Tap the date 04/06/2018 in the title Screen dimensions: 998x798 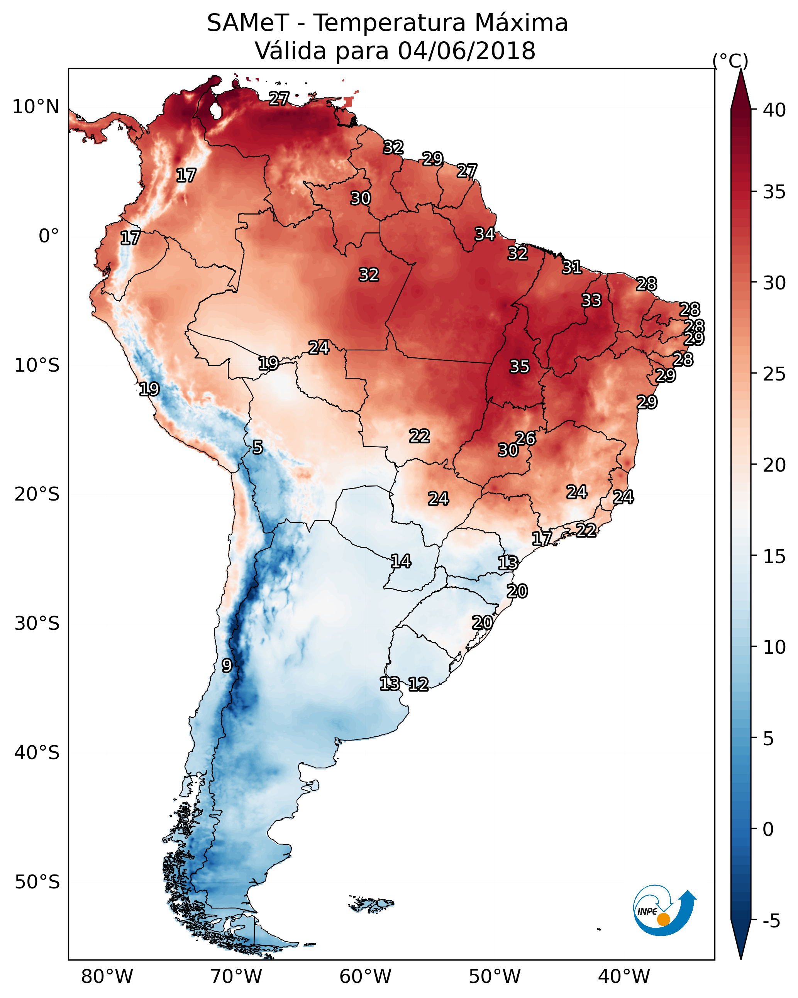point(466,51)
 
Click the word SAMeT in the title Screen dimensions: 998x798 point(248,23)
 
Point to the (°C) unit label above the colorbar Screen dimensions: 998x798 point(730,61)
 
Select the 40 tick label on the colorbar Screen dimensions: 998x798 point(774,110)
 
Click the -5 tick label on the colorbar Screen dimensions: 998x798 point(771,921)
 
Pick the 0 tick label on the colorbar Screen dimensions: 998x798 point(768,829)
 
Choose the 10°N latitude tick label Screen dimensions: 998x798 point(36,107)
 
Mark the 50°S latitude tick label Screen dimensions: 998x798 point(37,882)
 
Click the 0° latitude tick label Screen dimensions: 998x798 point(49,236)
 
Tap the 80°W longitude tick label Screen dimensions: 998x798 point(107,976)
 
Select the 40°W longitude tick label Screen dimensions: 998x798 point(624,976)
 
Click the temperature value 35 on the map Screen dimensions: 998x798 point(519,367)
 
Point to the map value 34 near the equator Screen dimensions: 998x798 point(485,234)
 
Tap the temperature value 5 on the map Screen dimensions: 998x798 point(258,447)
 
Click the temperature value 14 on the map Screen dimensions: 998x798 point(401,562)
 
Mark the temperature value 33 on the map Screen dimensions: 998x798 point(591,300)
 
